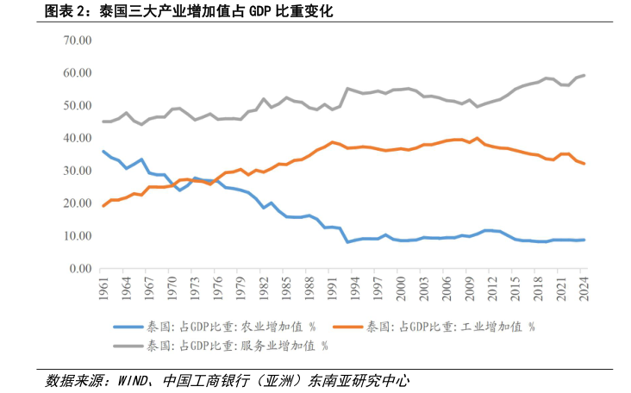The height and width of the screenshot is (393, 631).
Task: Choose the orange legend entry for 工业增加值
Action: pyautogui.click(x=449, y=327)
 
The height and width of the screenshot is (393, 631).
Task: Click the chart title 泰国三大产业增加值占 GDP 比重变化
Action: pyautogui.click(x=216, y=12)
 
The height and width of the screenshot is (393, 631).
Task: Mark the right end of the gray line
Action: pyautogui.click(x=584, y=75)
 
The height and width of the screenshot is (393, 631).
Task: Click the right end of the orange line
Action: pyautogui.click(x=584, y=164)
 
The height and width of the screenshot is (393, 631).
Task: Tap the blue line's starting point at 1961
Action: pyautogui.click(x=104, y=152)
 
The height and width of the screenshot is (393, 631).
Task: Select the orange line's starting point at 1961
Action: pyautogui.click(x=104, y=206)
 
